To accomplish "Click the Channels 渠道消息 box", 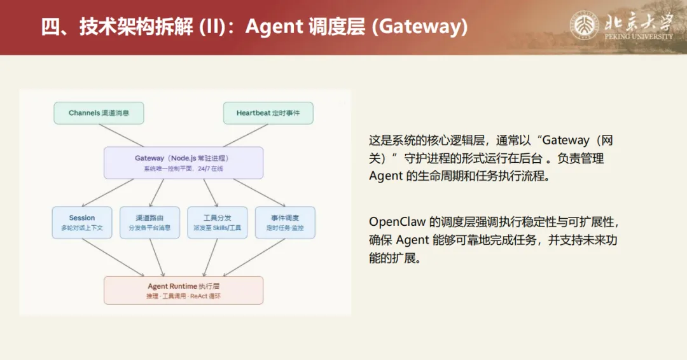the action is click(x=99, y=113).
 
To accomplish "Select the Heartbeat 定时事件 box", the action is click(x=268, y=113).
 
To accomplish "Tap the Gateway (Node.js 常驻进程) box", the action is click(x=183, y=163).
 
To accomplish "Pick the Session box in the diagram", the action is click(x=82, y=223).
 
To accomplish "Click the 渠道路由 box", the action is click(x=149, y=223).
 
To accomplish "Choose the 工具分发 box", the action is click(x=217, y=223).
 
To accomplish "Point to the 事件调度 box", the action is click(x=284, y=223).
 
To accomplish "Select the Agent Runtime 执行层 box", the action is click(x=183, y=290).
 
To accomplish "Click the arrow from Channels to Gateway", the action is click(x=122, y=135).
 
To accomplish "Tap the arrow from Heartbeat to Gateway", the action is click(x=244, y=135).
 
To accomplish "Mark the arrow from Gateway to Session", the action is click(x=108, y=192).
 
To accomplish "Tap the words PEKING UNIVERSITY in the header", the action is click(x=639, y=37).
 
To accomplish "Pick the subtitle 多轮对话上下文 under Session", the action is click(x=82, y=228).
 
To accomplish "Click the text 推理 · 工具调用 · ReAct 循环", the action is click(x=183, y=296).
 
